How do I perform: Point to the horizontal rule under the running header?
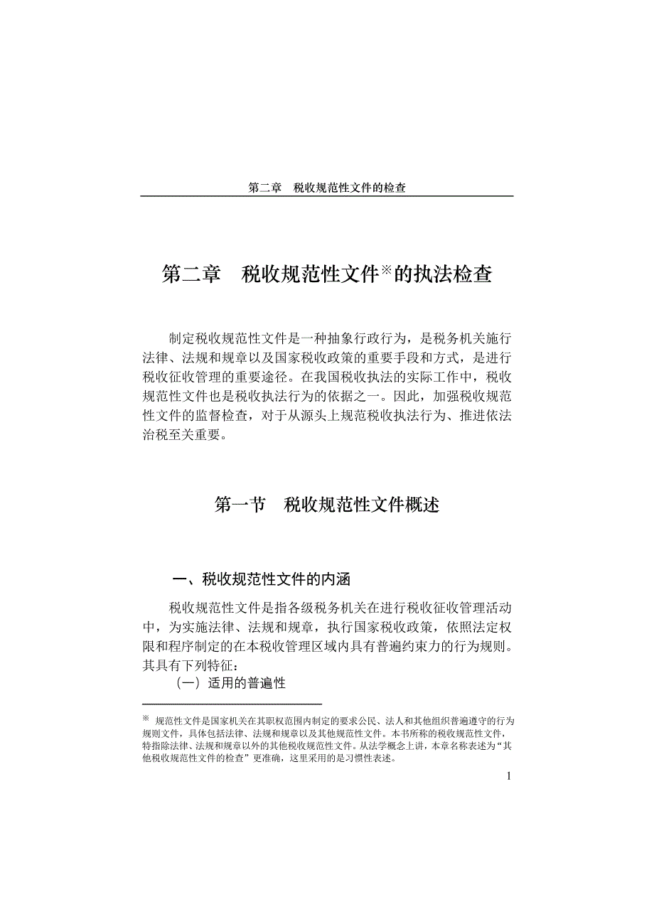point(327,196)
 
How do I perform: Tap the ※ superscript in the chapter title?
point(385,269)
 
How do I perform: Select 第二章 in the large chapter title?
point(191,275)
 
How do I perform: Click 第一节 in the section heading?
point(240,505)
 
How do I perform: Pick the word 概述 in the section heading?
point(422,505)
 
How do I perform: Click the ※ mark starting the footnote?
point(146,719)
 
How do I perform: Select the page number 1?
point(508,775)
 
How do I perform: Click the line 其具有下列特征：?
point(188,666)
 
